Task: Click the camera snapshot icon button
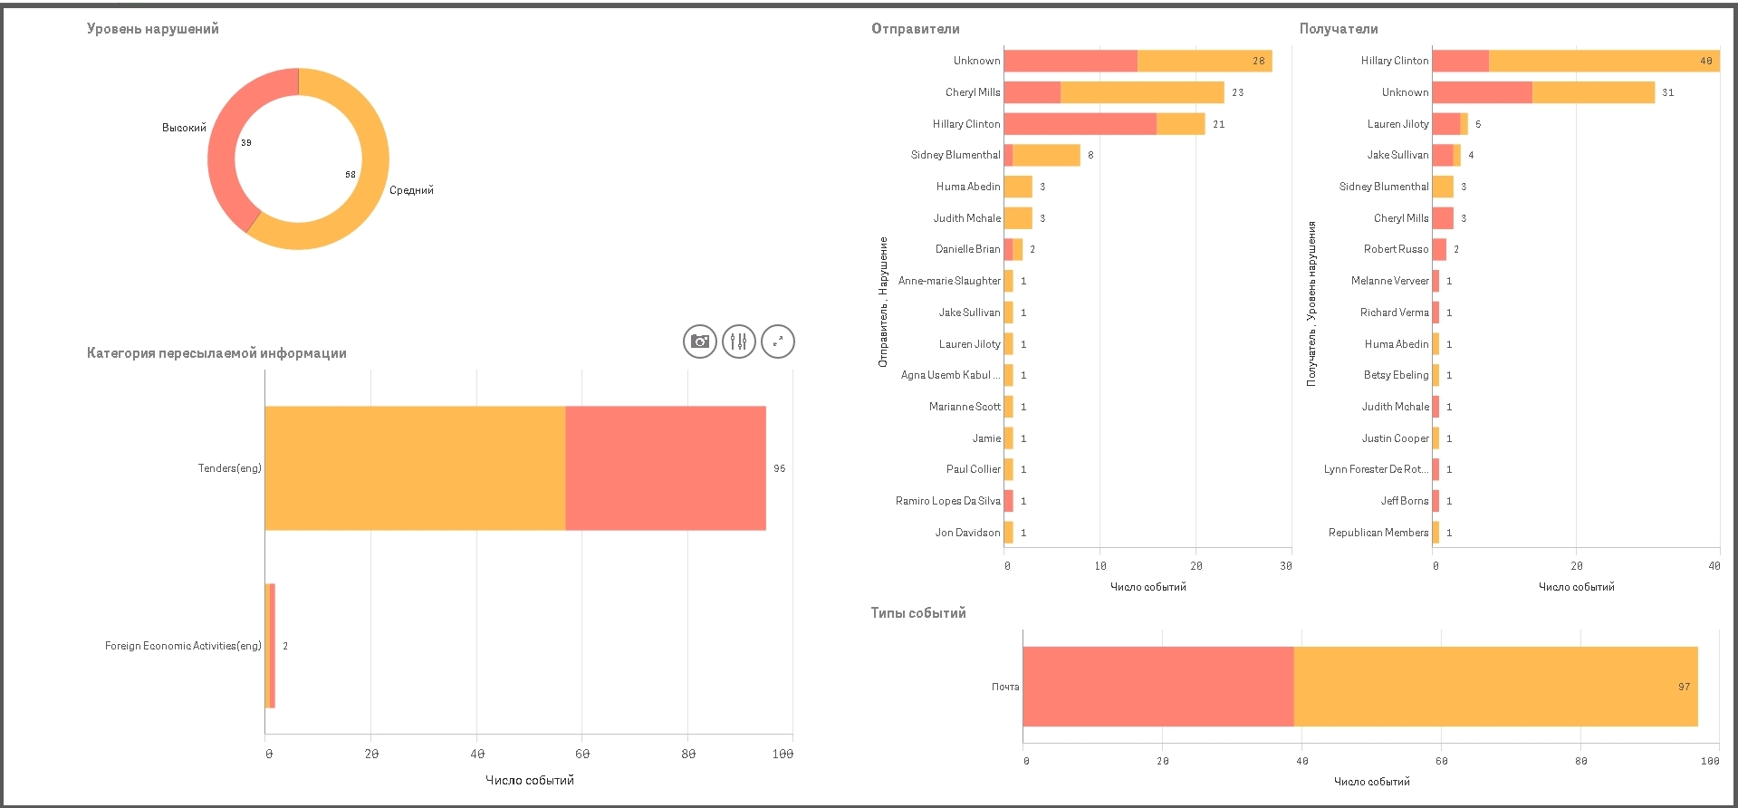tap(699, 341)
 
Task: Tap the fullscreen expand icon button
tap(778, 341)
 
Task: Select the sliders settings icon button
tap(739, 341)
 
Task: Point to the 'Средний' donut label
tap(411, 190)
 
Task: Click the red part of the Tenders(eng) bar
tap(665, 468)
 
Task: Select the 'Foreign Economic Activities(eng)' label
tap(183, 646)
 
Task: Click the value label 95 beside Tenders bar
tap(780, 468)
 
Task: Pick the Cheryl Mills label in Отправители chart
tap(973, 92)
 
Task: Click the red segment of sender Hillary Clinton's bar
tap(1080, 124)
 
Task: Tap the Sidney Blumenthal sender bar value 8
tap(1090, 155)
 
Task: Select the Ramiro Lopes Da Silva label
tap(947, 501)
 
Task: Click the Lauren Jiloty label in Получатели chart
tap(1397, 124)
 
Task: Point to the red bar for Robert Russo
tap(1439, 249)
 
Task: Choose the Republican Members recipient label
tap(1378, 533)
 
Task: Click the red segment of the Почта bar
tap(1157, 687)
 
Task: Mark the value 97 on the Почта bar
tap(1684, 687)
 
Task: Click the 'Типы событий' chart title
tap(918, 613)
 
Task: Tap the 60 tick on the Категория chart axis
tap(582, 754)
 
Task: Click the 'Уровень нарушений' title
tap(152, 29)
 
